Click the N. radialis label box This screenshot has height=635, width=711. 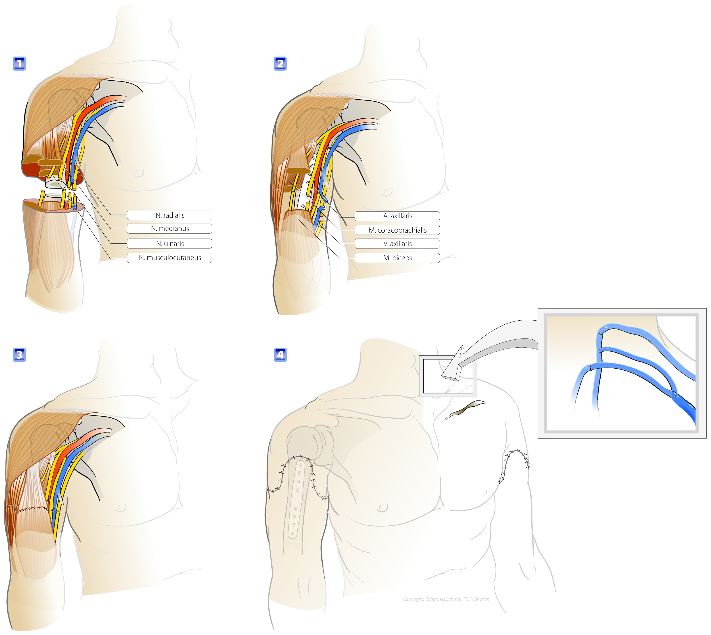click(170, 215)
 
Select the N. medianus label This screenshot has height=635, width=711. click(170, 229)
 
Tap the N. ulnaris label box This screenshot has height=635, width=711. click(170, 244)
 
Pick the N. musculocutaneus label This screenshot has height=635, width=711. click(170, 258)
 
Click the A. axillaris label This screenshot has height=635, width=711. click(397, 216)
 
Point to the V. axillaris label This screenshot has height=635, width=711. click(397, 244)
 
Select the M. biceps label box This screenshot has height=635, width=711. click(397, 258)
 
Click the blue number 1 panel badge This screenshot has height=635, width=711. click(19, 64)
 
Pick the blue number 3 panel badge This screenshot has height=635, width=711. click(19, 354)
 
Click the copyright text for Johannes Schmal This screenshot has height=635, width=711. click(446, 599)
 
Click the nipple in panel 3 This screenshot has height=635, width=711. click(121, 507)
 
